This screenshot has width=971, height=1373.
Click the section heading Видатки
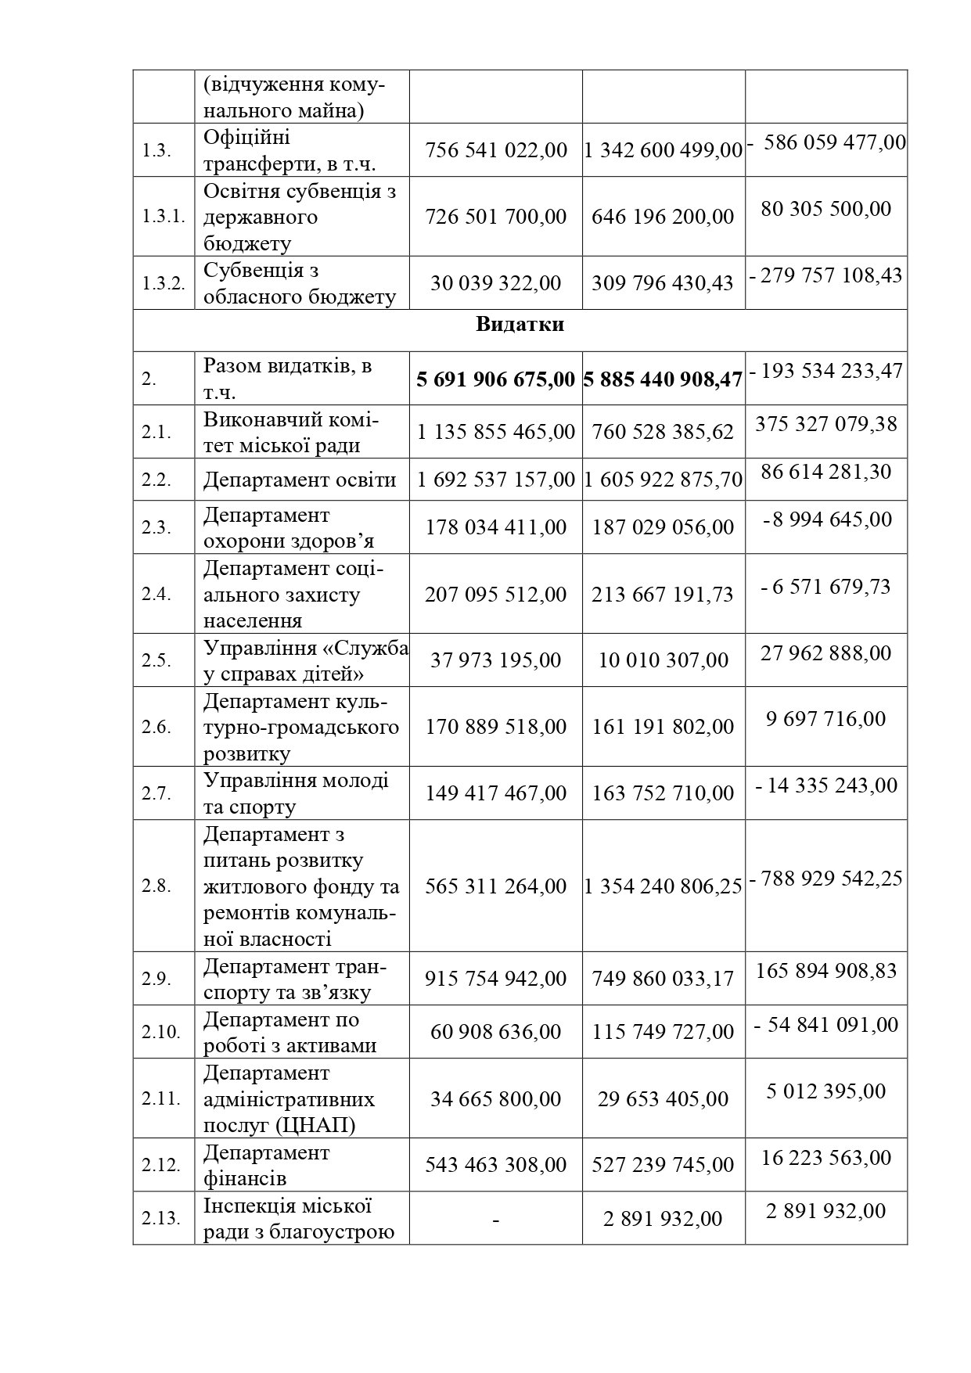pos(520,325)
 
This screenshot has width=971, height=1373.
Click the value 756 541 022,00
pos(495,149)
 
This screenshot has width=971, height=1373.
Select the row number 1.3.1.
pos(164,217)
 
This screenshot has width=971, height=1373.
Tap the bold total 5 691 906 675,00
pos(495,379)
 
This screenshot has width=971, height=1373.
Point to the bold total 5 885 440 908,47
pos(663,379)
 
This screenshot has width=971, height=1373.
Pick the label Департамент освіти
pos(300,480)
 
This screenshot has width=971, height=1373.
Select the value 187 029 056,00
pos(663,527)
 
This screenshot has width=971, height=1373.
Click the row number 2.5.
pos(156,660)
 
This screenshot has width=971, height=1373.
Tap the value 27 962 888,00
pos(825,652)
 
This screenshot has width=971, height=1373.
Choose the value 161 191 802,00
pos(663,727)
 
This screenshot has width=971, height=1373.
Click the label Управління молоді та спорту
pos(296,793)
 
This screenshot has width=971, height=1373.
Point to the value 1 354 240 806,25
pos(663,886)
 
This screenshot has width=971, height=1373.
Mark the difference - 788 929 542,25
pos(826,878)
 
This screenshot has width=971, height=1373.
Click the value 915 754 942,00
pos(495,979)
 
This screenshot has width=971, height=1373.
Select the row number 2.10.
pos(161,1032)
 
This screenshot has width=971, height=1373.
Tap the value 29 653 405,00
pos(663,1098)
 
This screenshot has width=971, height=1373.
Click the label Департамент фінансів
pos(266,1165)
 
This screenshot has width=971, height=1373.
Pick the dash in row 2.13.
pos(495,1219)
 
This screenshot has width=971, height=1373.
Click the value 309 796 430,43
pos(663,282)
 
